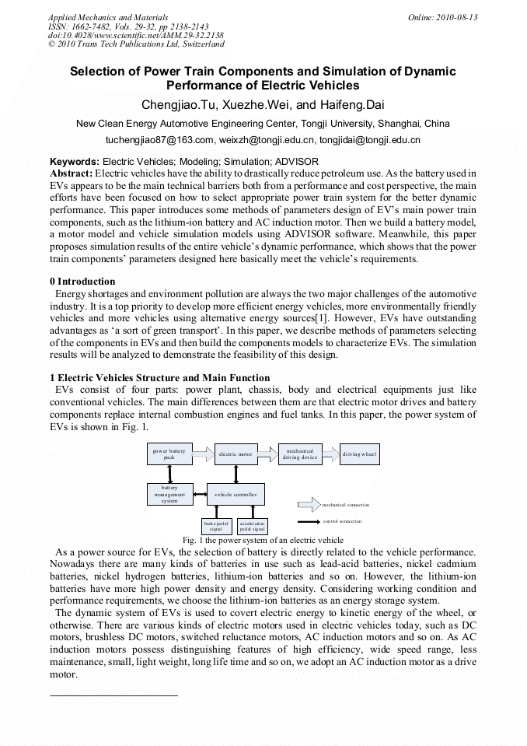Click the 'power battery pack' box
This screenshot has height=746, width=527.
(x=169, y=454)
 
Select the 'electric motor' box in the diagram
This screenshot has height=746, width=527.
(x=236, y=454)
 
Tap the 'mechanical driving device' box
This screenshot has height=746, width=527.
(x=299, y=454)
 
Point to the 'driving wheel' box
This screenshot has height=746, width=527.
(x=360, y=454)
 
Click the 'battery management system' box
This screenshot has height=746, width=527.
(x=169, y=494)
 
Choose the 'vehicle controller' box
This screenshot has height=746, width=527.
(x=236, y=494)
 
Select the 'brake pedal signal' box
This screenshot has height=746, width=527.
(x=216, y=526)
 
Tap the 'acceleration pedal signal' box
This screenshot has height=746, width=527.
(x=252, y=526)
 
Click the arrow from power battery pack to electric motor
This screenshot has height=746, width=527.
(x=202, y=452)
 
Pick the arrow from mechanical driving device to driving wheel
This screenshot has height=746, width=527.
(x=330, y=452)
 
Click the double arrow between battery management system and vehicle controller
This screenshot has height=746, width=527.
(x=199, y=494)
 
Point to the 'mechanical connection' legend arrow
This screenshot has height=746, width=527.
(x=309, y=504)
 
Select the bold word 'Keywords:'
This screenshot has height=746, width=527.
(x=75, y=161)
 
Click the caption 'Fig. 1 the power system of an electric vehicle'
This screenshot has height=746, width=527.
(x=263, y=540)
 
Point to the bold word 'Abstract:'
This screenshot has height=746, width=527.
(x=72, y=172)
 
